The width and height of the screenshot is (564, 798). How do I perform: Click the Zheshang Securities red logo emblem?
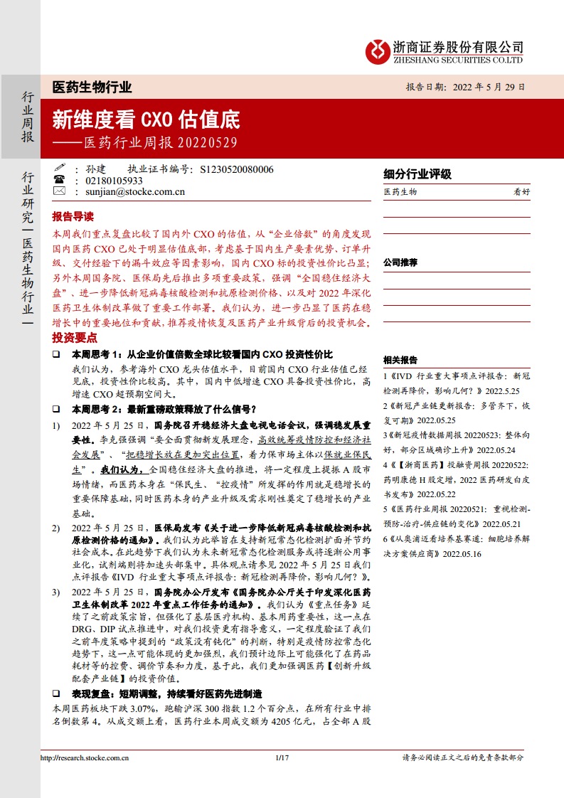pyautogui.click(x=376, y=50)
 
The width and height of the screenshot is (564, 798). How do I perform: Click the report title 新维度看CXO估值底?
pyautogui.click(x=146, y=118)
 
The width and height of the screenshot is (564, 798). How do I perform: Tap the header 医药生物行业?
pyautogui.click(x=92, y=87)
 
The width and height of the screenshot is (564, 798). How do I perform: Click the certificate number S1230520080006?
pyautogui.click(x=237, y=169)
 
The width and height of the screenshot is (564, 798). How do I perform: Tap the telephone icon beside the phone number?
pyautogui.click(x=59, y=181)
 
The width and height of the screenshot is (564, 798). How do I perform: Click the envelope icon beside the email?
pyautogui.click(x=59, y=191)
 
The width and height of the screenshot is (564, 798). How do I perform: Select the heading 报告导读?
pyautogui.click(x=73, y=216)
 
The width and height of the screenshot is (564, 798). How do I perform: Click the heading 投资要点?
pyautogui.click(x=73, y=338)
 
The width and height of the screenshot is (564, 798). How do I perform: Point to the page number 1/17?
pyautogui.click(x=281, y=758)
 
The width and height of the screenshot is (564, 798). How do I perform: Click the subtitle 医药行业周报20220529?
pyautogui.click(x=160, y=142)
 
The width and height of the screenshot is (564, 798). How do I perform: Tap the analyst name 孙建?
pyautogui.click(x=95, y=169)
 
